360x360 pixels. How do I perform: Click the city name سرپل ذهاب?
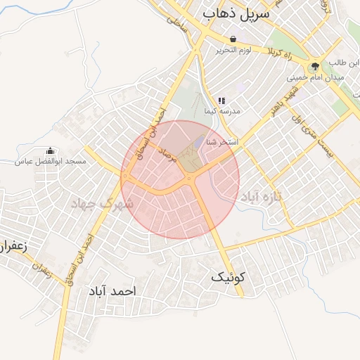click(x=236, y=13)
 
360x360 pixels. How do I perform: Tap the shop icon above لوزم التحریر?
click(x=233, y=39)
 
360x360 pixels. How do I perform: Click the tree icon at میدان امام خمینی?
click(x=314, y=66)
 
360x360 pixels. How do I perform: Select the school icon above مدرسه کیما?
click(x=221, y=101)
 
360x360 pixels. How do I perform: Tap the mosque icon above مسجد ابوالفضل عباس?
click(x=50, y=151)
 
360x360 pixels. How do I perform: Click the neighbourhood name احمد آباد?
click(x=112, y=290)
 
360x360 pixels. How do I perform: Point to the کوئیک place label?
click(x=229, y=278)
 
